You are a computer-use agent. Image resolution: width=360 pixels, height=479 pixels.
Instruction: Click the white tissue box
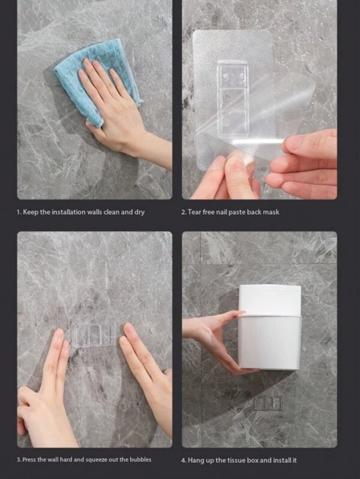coord(269,327)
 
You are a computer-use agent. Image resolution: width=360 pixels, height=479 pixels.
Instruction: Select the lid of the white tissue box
coord(270,300)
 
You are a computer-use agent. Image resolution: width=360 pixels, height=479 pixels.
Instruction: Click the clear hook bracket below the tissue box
coord(268,403)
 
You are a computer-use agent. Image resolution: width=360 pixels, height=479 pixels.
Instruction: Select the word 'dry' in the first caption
coord(139,212)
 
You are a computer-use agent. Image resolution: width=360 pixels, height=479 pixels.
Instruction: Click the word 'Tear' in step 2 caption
coord(194,212)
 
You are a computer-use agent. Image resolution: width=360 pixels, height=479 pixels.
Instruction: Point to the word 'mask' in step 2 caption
coord(271,212)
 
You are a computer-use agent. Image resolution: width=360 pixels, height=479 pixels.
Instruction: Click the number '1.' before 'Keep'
coord(19,212)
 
